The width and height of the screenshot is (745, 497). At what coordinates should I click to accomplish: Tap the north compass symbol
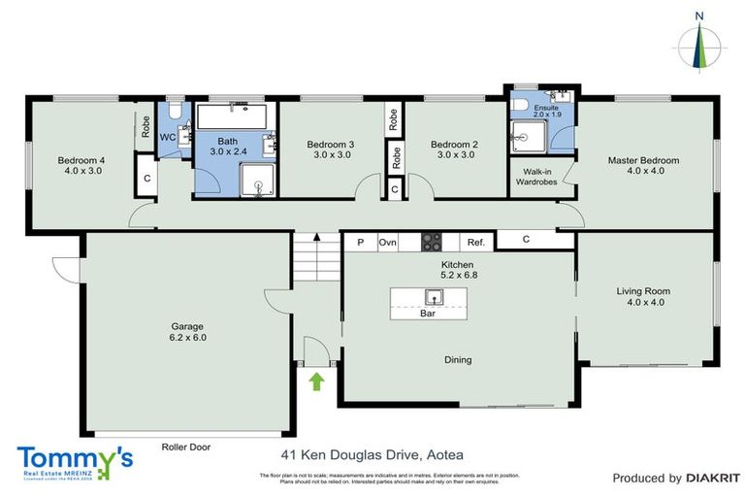(x=699, y=44)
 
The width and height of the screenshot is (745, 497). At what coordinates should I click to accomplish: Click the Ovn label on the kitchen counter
(x=388, y=243)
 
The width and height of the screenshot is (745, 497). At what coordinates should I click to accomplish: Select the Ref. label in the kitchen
(x=475, y=243)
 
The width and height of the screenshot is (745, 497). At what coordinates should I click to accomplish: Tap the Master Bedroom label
(x=643, y=160)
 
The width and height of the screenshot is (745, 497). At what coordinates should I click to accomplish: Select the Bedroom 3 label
(x=330, y=145)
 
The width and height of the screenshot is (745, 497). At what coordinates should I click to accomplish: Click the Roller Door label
(x=186, y=447)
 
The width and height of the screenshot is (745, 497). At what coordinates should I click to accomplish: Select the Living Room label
(x=643, y=291)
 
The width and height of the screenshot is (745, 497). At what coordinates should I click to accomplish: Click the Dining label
(x=458, y=360)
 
